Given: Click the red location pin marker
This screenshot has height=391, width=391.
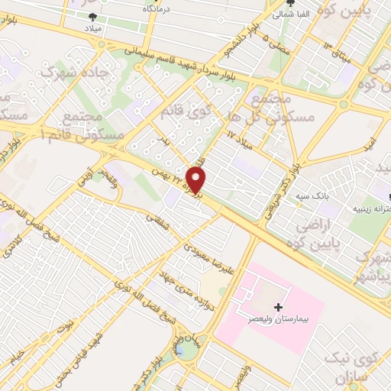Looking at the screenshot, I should click(196, 179).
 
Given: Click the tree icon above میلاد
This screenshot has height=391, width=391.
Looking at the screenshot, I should click(93, 15).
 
